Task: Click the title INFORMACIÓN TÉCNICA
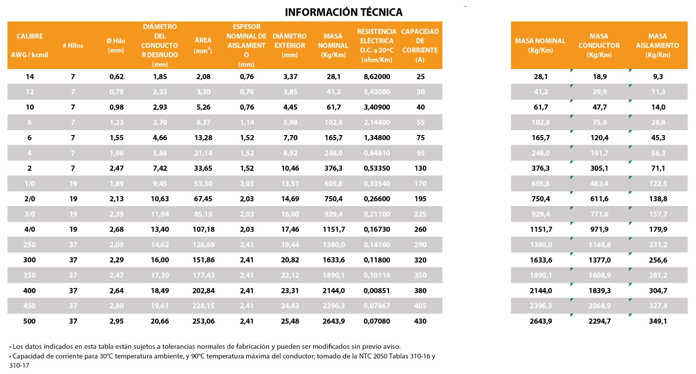pyautogui.click(x=344, y=12)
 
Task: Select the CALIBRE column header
pyautogui.click(x=30, y=45)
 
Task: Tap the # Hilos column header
pyautogui.click(x=73, y=46)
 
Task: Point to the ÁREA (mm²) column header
pyautogui.click(x=203, y=46)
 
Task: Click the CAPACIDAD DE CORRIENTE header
pyautogui.click(x=420, y=45)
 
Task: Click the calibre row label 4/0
pyautogui.click(x=30, y=229)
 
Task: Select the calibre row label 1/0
pyautogui.click(x=30, y=183)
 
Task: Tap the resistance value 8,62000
pyautogui.click(x=377, y=76)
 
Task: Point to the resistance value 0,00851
pyautogui.click(x=377, y=290)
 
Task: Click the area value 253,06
pyautogui.click(x=203, y=321)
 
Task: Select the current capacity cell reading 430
pyautogui.click(x=420, y=321)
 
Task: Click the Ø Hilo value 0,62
pyautogui.click(x=116, y=76)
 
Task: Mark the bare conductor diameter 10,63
pyautogui.click(x=160, y=199)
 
